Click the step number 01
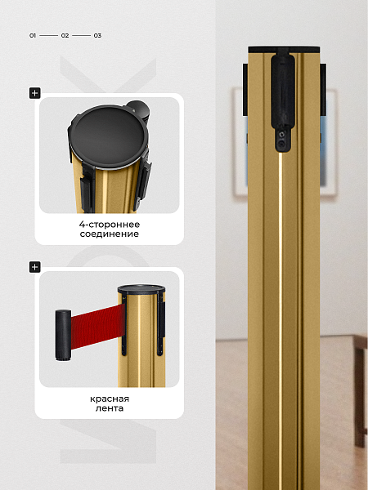[x=33, y=36]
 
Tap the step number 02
[x=65, y=36]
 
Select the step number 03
[x=97, y=36]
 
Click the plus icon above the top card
[x=34, y=93]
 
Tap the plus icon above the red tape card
[x=34, y=267]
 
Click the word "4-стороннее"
[x=110, y=225]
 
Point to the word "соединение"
[x=110, y=234]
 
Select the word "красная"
[x=110, y=399]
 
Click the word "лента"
[x=110, y=408]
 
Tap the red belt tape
[x=98, y=326]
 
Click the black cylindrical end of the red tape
[x=63, y=335]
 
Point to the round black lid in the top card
[x=108, y=137]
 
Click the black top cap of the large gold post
[x=284, y=50]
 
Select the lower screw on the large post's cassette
[x=282, y=144]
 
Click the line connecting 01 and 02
[x=49, y=36]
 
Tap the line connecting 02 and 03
[x=81, y=36]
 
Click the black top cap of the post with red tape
[x=141, y=289]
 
